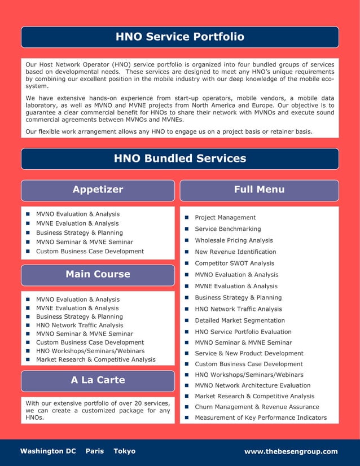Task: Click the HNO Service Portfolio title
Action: pos(180,37)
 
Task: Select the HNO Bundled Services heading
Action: pos(180,159)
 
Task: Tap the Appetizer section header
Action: pos(98,190)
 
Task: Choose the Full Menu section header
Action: pos(259,190)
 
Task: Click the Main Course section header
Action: pos(98,274)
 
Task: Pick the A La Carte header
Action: pos(98,380)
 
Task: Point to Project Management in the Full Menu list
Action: pos(225,218)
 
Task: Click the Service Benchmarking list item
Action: pos(227,229)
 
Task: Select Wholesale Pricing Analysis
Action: pos(234,240)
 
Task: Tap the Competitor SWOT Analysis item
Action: pos(234,263)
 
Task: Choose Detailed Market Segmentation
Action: pos(240,320)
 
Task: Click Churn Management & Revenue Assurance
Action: pos(257,407)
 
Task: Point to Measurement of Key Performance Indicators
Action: pos(261,417)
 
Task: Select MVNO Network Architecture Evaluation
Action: pos(252,385)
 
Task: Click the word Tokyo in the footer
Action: pos(124,451)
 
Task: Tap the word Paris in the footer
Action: pos(95,451)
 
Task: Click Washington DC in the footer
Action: pos(48,451)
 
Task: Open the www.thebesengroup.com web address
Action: pos(291,451)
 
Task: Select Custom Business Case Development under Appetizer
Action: pos(90,251)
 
